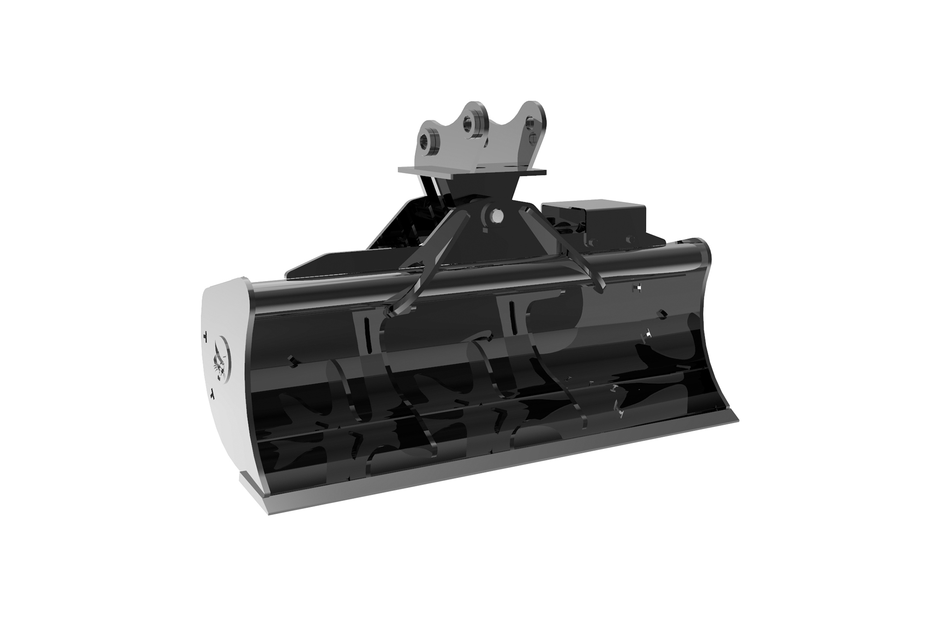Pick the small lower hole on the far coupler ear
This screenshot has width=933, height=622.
point(534,137)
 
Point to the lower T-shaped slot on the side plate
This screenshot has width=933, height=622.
point(211,394)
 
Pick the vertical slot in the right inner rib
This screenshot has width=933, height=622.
point(512,319)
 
